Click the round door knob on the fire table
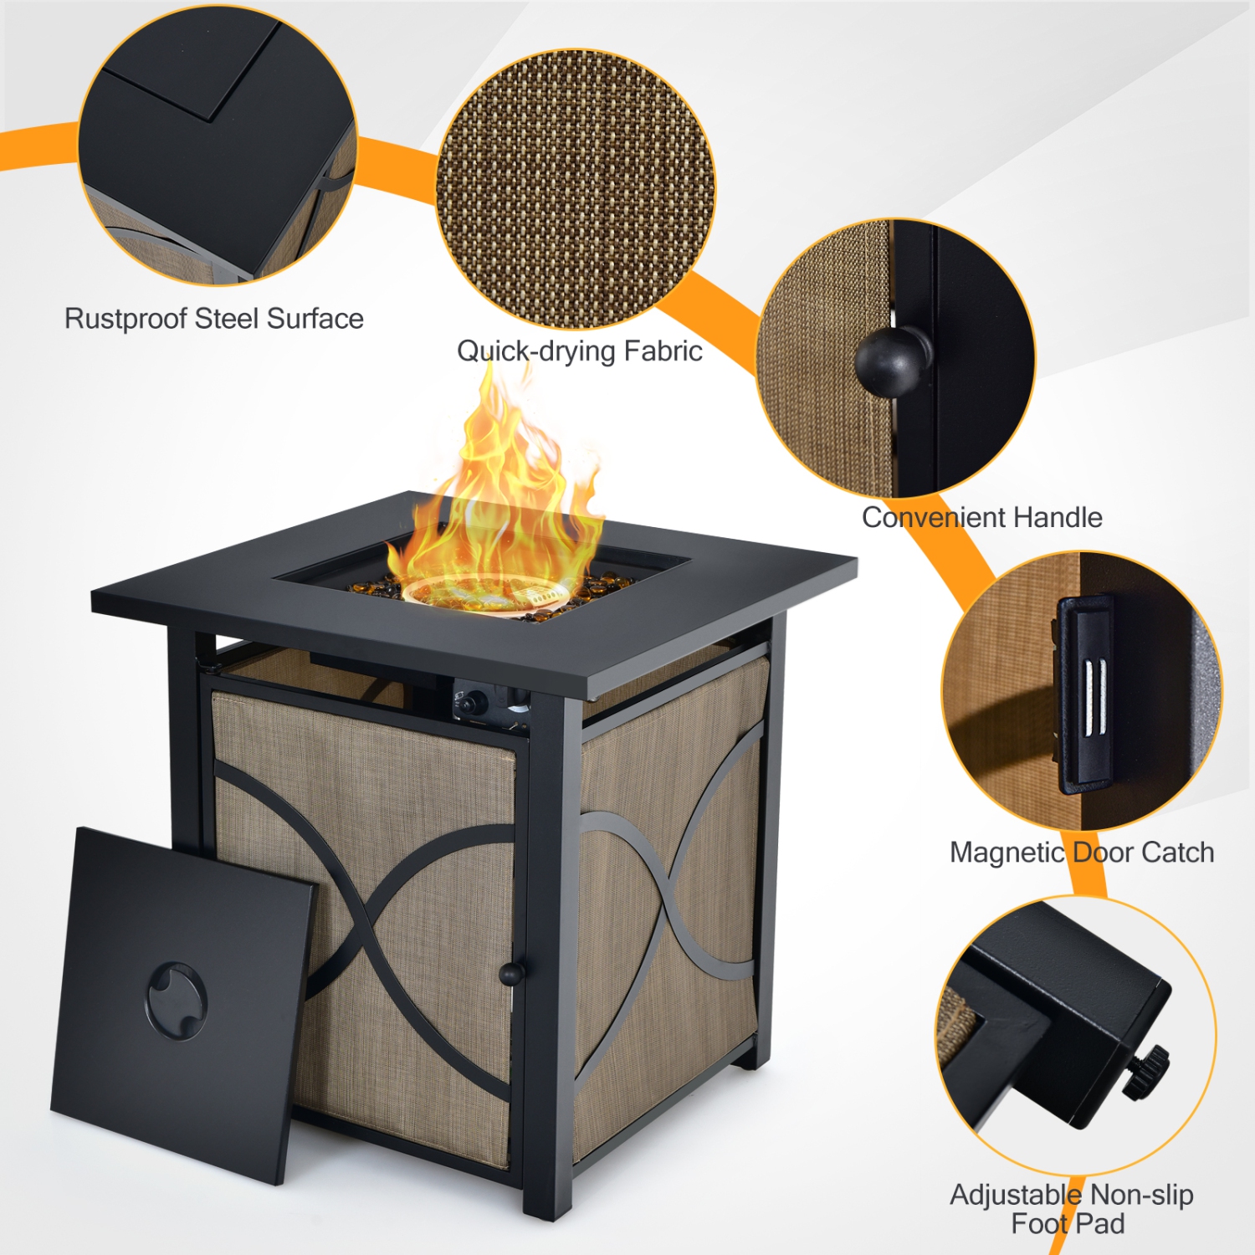(510, 973)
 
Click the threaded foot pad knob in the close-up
(1147, 1072)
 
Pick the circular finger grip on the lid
(177, 1000)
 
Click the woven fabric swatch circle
(576, 188)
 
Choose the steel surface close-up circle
(218, 146)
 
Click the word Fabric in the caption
(662, 351)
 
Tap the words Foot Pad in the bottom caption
(1068, 1223)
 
